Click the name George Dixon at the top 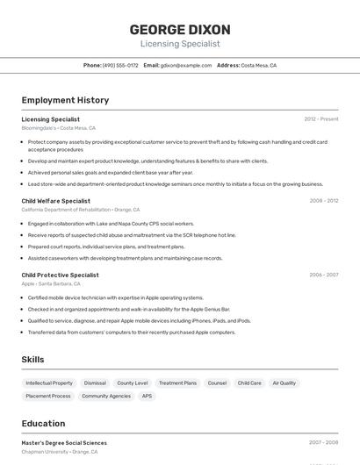pos(180,29)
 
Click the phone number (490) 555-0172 pos(120,65)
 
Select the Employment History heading pos(65,100)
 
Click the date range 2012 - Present pos(321,119)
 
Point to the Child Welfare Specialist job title pos(55,201)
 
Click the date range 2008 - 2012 pos(323,201)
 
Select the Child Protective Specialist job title pos(60,275)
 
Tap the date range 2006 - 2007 pos(323,275)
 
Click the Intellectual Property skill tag pos(49,383)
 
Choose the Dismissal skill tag pos(95,383)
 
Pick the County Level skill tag pos(133,383)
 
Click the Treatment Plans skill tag pos(177,383)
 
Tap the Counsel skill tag pos(217,383)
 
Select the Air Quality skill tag pos(284,383)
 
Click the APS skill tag pos(147,397)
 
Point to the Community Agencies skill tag pos(106,397)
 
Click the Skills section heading pos(33,360)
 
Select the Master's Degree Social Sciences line pos(64,443)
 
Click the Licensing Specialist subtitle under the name pos(180,44)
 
